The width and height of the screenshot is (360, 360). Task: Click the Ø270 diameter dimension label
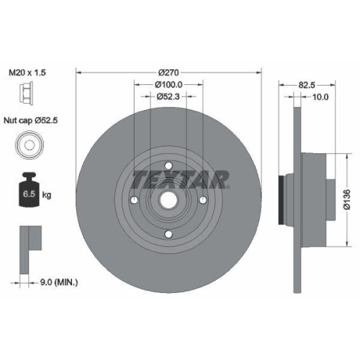(168, 72)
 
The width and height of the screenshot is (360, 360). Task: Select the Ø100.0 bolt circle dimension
(168, 84)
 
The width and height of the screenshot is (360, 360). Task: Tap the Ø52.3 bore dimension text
(168, 97)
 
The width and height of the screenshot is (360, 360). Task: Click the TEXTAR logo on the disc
(181, 177)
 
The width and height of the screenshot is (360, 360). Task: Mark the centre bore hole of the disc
(168, 199)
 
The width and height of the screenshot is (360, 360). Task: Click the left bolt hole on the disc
(135, 199)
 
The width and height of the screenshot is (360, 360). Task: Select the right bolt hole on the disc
(203, 199)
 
